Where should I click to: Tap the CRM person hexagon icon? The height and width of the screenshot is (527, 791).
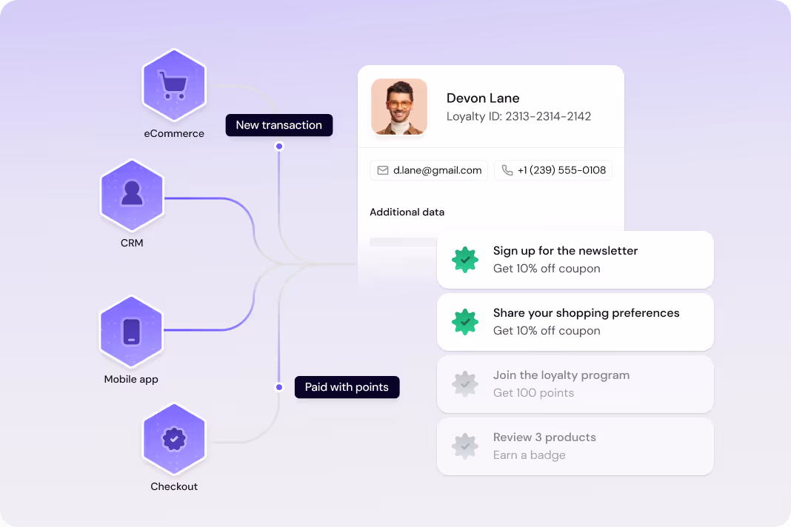click(132, 194)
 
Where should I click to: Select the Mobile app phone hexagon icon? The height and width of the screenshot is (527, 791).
click(132, 330)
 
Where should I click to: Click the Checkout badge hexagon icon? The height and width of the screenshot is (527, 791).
click(174, 439)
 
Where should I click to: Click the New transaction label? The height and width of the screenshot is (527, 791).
click(278, 125)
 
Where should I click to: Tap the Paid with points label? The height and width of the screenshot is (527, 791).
click(347, 387)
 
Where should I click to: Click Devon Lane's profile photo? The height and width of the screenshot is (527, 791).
click(399, 107)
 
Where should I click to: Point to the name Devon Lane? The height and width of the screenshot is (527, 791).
click(483, 98)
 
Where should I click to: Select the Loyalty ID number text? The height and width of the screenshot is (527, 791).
click(548, 116)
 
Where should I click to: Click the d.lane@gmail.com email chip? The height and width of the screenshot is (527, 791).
click(429, 170)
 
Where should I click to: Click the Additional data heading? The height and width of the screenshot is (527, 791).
click(407, 212)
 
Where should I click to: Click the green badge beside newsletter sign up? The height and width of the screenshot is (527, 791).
click(465, 260)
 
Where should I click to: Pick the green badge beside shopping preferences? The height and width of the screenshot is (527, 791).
click(465, 322)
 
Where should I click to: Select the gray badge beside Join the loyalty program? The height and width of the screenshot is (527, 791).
click(465, 384)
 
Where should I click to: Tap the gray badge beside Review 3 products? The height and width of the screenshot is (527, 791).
click(465, 446)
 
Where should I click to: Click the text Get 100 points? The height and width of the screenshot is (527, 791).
click(533, 393)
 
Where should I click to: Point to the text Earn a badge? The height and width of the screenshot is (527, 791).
click(529, 455)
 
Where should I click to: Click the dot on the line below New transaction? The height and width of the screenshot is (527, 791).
click(279, 147)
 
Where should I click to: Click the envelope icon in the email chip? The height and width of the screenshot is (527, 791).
click(383, 170)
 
